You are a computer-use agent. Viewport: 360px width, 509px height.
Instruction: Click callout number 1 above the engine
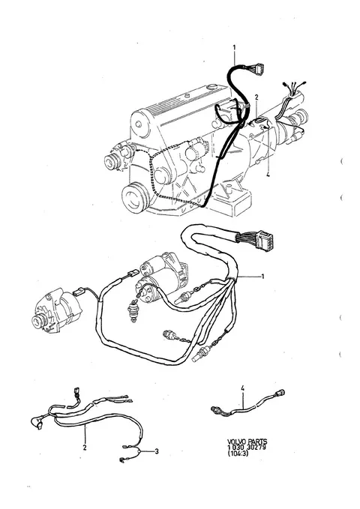234,47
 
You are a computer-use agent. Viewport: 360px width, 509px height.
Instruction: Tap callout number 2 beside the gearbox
256,97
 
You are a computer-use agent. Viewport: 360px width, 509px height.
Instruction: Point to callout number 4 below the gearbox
268,175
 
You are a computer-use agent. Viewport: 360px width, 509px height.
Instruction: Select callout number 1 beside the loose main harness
262,277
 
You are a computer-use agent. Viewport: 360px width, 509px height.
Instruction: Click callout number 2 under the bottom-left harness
85,448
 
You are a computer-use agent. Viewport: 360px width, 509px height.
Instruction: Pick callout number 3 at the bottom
157,451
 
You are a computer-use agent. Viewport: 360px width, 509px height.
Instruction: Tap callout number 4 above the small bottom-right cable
243,388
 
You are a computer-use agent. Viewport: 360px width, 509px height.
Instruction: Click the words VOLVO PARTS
247,442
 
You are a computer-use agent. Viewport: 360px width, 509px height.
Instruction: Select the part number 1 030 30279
247,448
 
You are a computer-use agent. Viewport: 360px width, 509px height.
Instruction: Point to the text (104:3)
238,454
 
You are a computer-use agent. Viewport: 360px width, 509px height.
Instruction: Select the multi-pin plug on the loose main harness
264,241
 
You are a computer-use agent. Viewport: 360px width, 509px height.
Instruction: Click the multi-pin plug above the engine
259,69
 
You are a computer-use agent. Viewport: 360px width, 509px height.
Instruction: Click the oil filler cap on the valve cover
212,86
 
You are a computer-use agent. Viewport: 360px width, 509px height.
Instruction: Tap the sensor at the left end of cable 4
217,409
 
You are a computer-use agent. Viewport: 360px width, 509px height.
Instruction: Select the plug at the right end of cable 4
280,393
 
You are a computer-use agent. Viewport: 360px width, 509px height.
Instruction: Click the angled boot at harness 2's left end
37,423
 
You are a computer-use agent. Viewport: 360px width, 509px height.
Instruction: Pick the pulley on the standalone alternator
38,321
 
